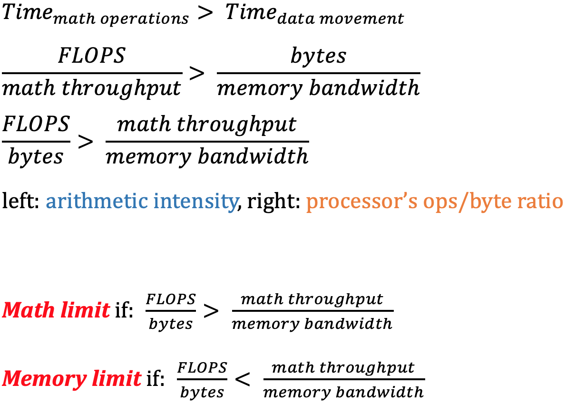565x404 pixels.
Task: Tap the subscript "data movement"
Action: click(x=341, y=19)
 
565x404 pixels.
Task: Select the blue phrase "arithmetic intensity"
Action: click(x=141, y=202)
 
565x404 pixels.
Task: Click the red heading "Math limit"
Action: click(x=56, y=310)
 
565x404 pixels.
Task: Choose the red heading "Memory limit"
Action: click(x=72, y=379)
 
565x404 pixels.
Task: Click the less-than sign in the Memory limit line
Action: click(x=243, y=379)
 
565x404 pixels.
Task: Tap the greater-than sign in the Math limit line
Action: click(x=211, y=310)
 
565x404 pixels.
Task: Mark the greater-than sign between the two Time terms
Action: click(x=205, y=13)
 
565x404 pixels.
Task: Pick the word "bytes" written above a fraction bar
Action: click(x=318, y=56)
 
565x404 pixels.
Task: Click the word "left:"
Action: click(x=21, y=202)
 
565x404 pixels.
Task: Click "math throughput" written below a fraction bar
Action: click(x=92, y=88)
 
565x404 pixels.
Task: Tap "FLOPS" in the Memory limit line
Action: click(x=202, y=367)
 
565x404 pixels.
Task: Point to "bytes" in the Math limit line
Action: click(x=171, y=324)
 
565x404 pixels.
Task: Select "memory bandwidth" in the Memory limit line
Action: click(x=343, y=392)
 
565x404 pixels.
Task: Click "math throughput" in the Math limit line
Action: click(x=312, y=299)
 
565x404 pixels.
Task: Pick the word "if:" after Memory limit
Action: click(x=155, y=379)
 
